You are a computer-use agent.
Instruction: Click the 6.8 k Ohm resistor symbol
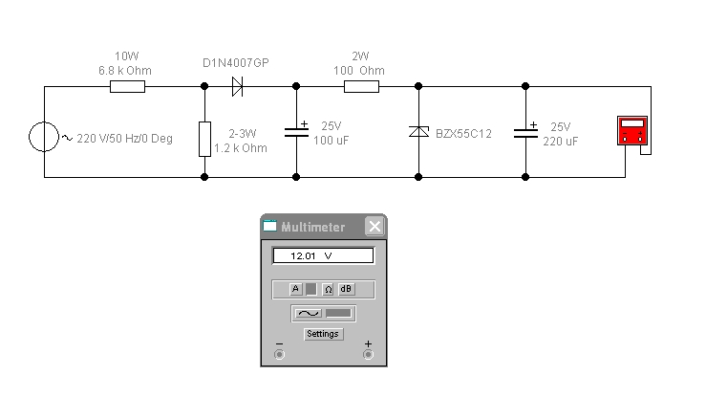tap(127, 86)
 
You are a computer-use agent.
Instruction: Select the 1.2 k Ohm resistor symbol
tap(204, 139)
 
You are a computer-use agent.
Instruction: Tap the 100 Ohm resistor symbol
tap(361, 86)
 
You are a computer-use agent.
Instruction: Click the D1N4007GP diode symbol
tap(237, 86)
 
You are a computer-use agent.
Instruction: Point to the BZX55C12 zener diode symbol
tap(418, 132)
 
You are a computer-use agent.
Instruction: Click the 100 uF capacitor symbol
tap(297, 132)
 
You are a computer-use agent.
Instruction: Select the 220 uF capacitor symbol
tap(525, 133)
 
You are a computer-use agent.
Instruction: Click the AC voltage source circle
tap(44, 137)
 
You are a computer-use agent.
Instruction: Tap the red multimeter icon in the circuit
tap(632, 131)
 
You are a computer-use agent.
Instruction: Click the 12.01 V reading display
tap(323, 256)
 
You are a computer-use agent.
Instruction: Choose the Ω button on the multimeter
tap(329, 289)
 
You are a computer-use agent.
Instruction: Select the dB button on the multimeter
tap(346, 289)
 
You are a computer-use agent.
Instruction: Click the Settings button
tap(323, 334)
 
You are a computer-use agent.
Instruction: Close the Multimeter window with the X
tap(374, 227)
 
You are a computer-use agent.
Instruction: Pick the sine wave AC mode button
tap(309, 313)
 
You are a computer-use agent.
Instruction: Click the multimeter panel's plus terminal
tap(369, 354)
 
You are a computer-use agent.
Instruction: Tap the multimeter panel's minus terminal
tap(279, 354)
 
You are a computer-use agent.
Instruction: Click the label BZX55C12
tap(463, 134)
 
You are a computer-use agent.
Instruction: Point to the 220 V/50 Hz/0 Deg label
tap(125, 139)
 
